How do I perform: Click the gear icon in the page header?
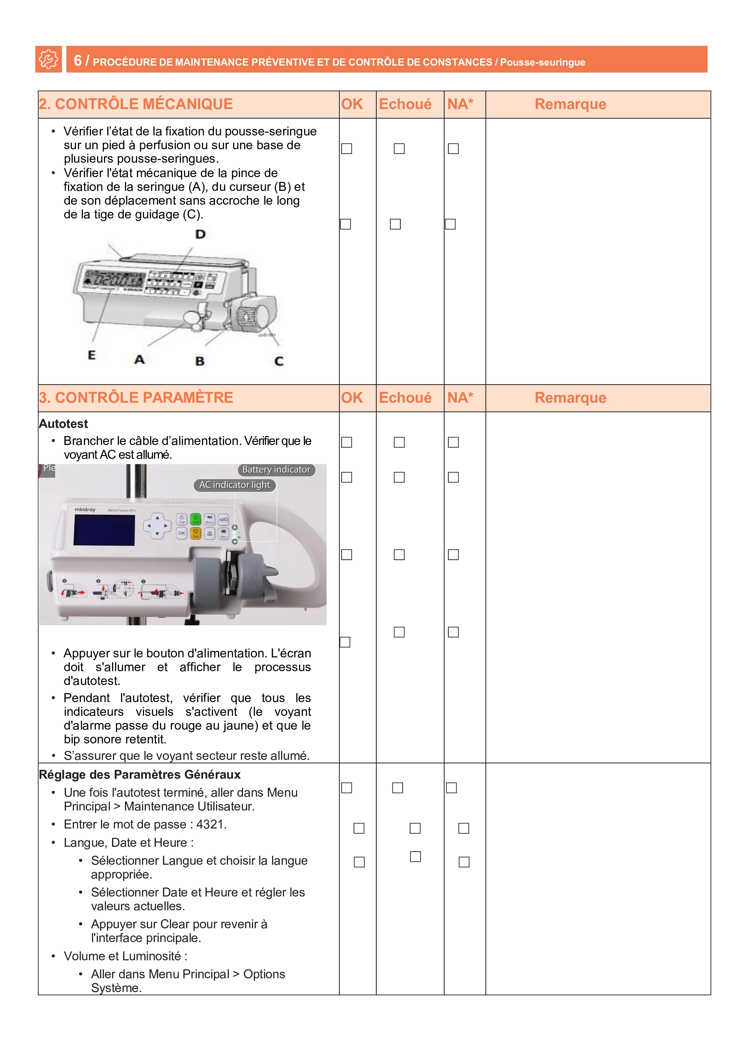(48, 59)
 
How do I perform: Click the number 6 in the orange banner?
(78, 61)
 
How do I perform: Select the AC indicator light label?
(235, 485)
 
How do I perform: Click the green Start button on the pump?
(196, 519)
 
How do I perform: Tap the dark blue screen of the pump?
(105, 530)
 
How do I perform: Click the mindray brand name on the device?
(85, 509)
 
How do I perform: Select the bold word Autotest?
(63, 424)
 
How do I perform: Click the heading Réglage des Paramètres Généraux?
(140, 775)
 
